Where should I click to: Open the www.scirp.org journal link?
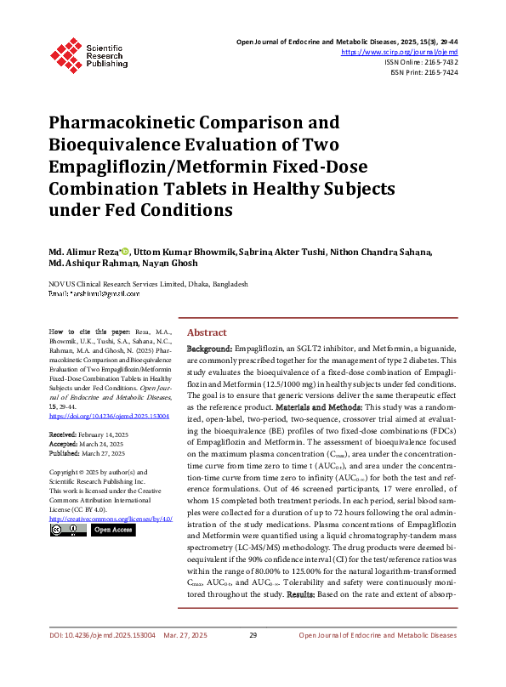click(399, 52)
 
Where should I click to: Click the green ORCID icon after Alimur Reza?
click(125, 252)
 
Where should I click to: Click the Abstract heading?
click(207, 332)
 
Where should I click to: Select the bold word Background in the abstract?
click(209, 349)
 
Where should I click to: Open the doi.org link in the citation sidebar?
click(110, 417)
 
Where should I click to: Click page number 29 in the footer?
click(253, 659)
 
